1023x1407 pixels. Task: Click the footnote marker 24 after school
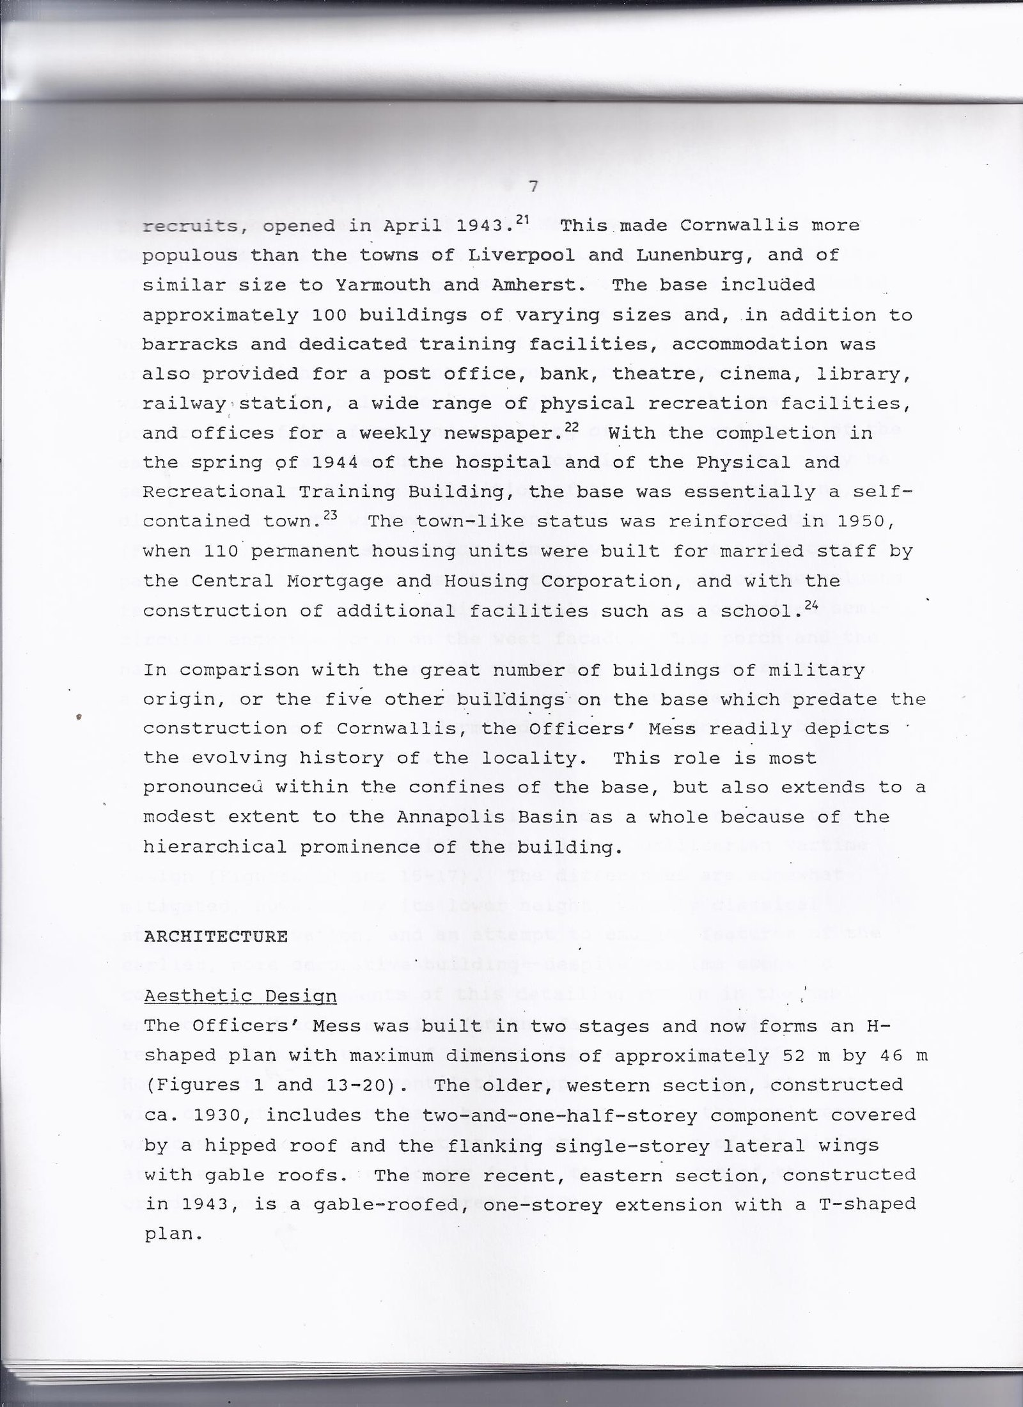click(811, 604)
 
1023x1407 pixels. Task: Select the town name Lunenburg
click(696, 256)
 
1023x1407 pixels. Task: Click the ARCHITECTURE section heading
click(216, 937)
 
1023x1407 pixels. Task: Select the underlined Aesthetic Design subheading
click(240, 996)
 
